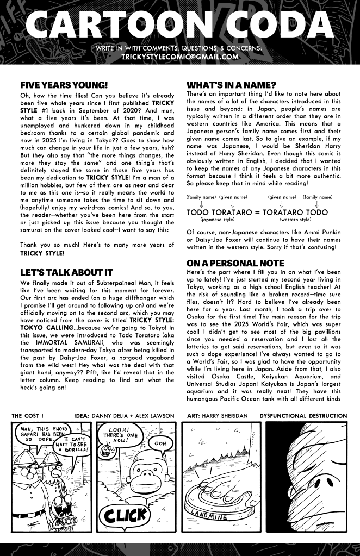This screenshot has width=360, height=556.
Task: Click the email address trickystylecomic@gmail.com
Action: [x=179, y=56]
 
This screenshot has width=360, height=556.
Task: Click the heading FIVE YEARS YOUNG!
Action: [x=64, y=85]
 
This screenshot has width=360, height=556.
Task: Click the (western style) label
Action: [x=296, y=220]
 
